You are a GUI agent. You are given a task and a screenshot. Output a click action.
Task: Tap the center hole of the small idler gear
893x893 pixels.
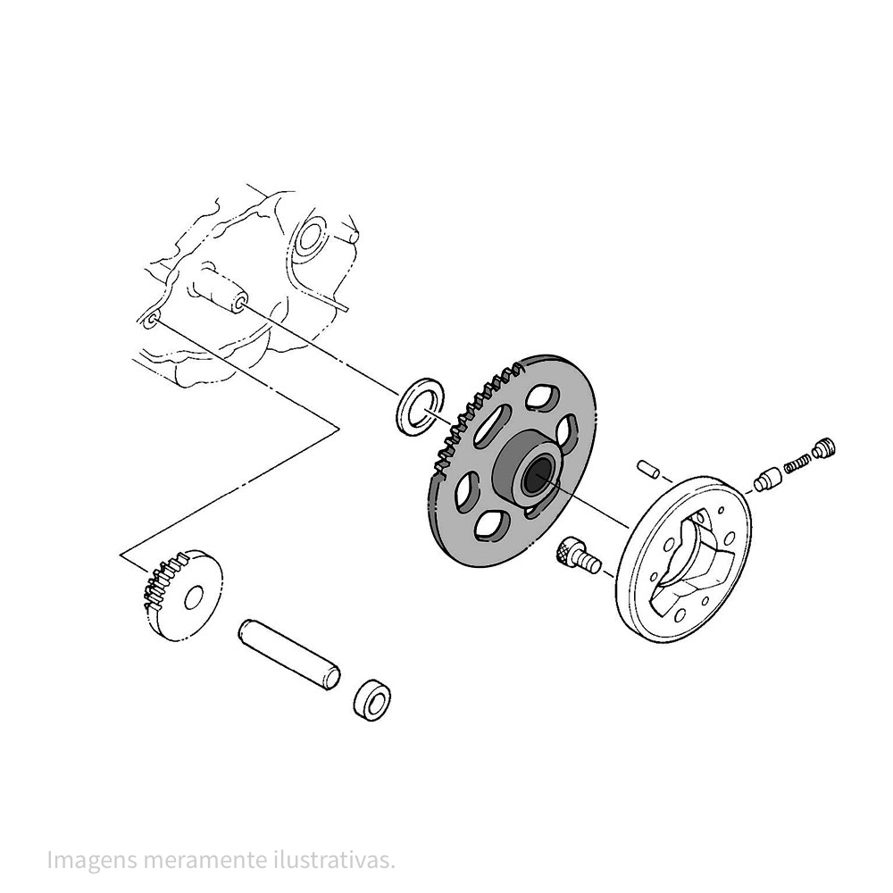194,596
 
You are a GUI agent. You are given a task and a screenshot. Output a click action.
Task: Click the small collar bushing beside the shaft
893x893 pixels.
371,700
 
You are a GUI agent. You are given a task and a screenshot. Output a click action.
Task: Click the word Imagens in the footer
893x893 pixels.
92,860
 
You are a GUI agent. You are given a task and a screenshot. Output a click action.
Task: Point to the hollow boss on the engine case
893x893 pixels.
223,290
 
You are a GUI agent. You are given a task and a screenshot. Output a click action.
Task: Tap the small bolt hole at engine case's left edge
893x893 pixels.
150,321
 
